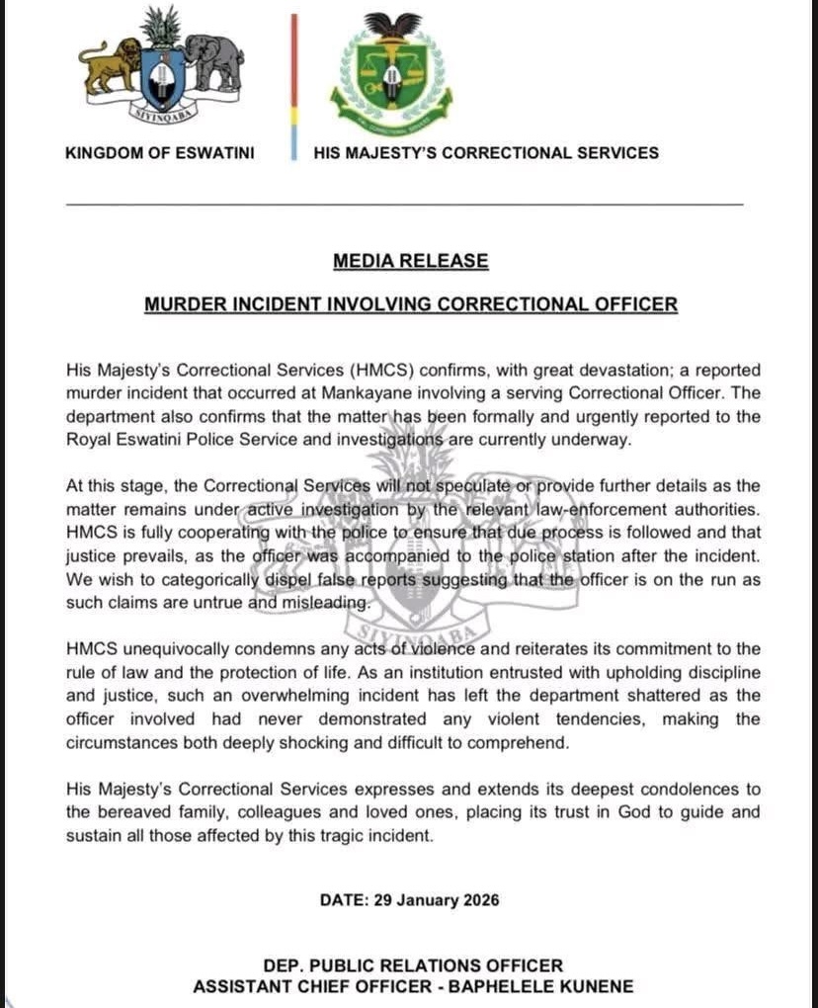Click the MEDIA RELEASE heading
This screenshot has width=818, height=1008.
tap(410, 261)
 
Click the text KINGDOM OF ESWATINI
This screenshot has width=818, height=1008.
tap(159, 153)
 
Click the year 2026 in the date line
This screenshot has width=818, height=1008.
tap(477, 900)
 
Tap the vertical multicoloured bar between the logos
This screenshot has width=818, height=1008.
tap(293, 87)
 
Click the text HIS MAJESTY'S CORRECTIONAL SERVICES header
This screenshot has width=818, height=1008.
tap(485, 153)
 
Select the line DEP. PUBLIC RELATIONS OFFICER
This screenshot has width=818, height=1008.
tap(412, 965)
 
